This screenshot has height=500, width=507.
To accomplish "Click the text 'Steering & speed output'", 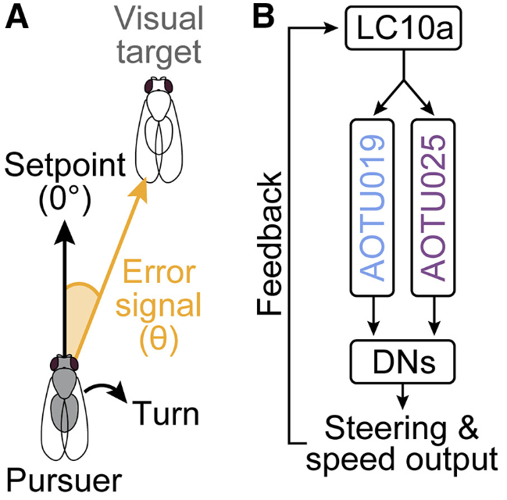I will point(402,443).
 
